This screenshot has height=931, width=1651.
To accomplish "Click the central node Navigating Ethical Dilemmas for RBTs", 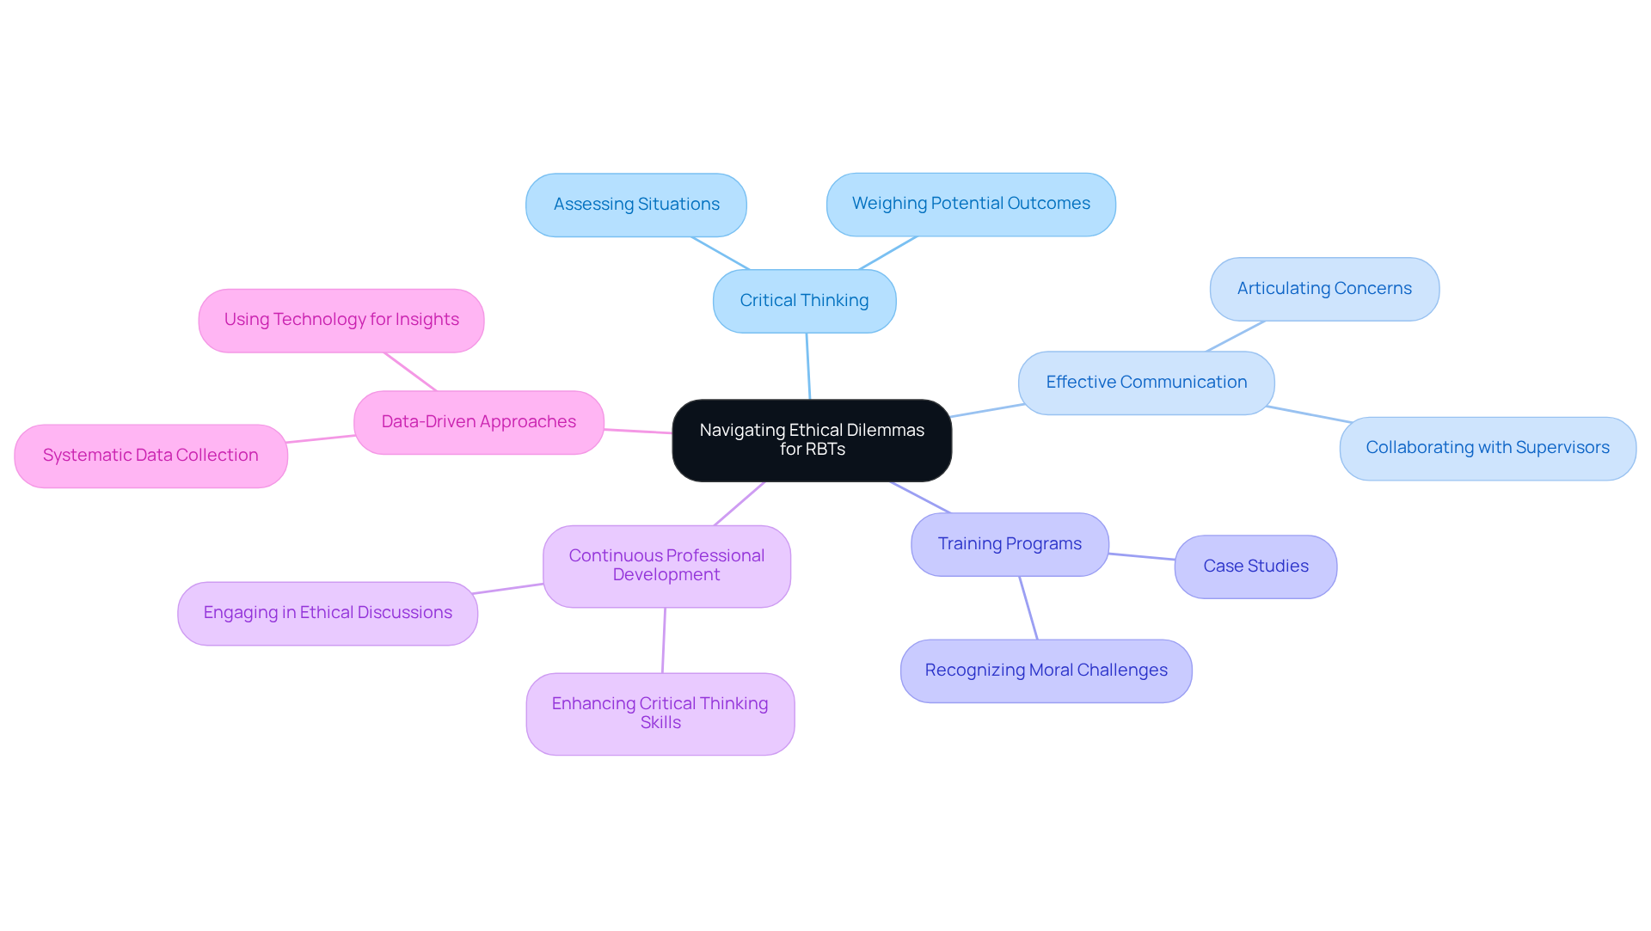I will (x=812, y=440).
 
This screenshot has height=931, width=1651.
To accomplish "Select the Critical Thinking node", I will (x=804, y=301).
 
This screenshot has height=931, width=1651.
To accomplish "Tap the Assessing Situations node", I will (x=636, y=205).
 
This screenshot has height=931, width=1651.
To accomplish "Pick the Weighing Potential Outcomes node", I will (x=971, y=204).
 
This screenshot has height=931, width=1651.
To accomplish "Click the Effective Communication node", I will (x=1146, y=383).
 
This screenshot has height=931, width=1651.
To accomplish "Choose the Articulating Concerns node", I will (x=1324, y=289).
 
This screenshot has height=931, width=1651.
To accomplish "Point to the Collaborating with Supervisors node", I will (x=1488, y=448).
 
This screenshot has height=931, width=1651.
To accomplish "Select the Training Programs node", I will (x=1010, y=544).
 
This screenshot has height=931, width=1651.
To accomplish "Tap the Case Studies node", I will (x=1255, y=567).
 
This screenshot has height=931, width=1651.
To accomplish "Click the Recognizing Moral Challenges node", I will (x=1046, y=671).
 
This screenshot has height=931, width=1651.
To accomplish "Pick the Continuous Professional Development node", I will (x=666, y=566).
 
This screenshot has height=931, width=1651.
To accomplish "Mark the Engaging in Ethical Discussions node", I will (x=328, y=613).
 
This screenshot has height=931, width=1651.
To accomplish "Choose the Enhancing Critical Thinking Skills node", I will (x=660, y=714).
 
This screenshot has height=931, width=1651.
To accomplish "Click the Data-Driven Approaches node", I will (x=479, y=422).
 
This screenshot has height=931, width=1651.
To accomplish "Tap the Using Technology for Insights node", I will (x=341, y=320).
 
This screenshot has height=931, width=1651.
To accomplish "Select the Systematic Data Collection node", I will (x=150, y=456).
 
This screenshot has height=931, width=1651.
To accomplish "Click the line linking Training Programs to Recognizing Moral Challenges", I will (x=1028, y=608).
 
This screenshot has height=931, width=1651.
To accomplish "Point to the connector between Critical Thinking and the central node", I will (x=808, y=366).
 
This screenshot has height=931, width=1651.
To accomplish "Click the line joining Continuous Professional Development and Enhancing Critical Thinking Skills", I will (x=664, y=640).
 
